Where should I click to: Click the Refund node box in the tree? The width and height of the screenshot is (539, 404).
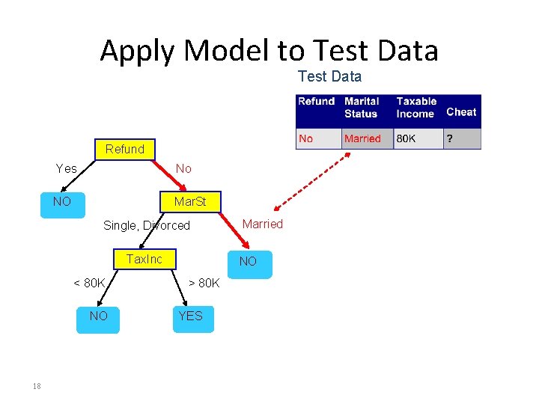click(124, 149)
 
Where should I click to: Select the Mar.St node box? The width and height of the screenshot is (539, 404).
click(189, 202)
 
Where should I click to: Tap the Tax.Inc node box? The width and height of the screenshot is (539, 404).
click(144, 259)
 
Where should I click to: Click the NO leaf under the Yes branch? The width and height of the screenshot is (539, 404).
click(62, 202)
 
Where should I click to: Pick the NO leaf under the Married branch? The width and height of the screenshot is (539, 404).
click(248, 262)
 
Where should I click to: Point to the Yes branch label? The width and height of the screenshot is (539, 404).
click(67, 169)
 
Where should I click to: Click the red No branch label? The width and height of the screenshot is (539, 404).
click(183, 169)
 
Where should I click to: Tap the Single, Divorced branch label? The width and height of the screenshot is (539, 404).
click(147, 225)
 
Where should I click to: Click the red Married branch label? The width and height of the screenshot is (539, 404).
click(263, 224)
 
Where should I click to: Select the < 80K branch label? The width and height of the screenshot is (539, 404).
click(89, 283)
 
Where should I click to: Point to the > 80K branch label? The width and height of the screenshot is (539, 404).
click(204, 283)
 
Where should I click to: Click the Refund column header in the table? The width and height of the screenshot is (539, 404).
click(316, 101)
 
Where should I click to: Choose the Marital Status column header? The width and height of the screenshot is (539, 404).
click(362, 107)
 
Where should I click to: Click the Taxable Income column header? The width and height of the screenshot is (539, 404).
click(416, 107)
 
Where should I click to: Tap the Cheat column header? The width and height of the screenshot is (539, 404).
click(461, 112)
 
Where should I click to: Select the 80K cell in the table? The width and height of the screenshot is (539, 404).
click(406, 138)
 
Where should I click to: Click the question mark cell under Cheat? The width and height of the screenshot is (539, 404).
click(450, 138)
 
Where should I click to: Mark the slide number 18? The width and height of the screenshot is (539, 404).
click(36, 386)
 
